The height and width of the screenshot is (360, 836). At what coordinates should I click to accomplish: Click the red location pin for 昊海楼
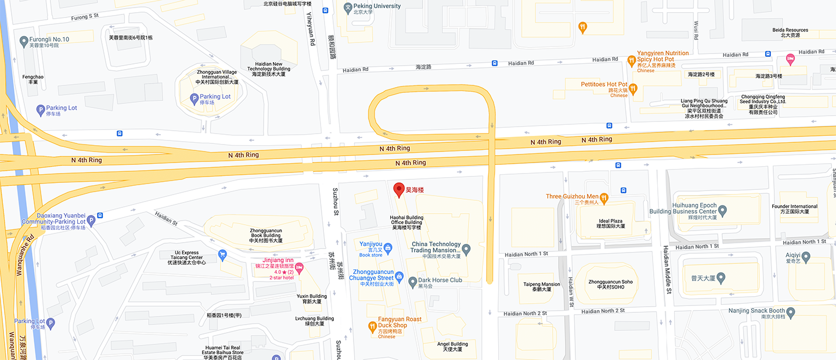399,189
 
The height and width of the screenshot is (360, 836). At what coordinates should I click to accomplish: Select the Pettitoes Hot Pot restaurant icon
633,89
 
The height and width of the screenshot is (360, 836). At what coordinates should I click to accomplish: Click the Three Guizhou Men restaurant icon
604,197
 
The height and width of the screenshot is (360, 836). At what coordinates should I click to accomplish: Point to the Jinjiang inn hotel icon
300,268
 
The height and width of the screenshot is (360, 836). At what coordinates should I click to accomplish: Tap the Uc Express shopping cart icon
222,254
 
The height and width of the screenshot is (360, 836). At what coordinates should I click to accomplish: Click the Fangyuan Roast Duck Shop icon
372,327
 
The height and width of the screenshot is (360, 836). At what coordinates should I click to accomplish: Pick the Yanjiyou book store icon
388,248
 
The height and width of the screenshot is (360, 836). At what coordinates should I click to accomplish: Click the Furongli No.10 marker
24,41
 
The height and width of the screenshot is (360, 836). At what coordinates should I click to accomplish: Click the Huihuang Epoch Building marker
722,210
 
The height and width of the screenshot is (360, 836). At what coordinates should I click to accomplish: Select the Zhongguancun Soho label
610,285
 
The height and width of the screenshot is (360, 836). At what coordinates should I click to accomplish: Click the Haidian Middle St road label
667,269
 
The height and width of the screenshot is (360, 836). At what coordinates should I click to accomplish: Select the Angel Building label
452,347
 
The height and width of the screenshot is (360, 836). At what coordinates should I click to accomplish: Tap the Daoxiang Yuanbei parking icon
100,216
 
